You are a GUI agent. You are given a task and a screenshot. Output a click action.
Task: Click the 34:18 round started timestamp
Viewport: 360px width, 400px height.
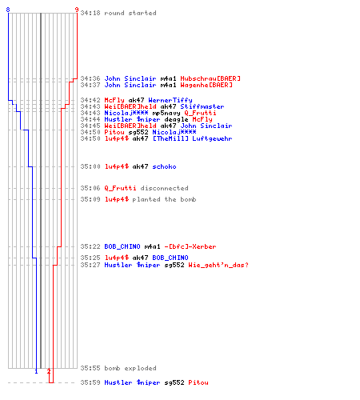pyautogui.click(x=90, y=13)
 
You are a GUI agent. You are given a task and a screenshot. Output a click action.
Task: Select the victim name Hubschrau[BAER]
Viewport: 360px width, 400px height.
pyautogui.click(x=210, y=78)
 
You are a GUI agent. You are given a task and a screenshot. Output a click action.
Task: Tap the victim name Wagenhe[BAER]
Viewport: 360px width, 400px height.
pyautogui.click(x=206, y=85)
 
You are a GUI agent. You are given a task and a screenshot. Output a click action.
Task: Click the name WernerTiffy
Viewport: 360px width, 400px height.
pyautogui.click(x=170, y=100)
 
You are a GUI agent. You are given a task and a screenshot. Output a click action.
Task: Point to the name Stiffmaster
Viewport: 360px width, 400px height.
pyautogui.click(x=202, y=106)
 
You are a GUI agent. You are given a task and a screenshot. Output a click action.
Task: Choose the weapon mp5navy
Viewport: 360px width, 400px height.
pyautogui.click(x=166, y=113)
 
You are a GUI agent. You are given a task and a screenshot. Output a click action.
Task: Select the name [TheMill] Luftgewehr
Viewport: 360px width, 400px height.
pyautogui.click(x=192, y=138)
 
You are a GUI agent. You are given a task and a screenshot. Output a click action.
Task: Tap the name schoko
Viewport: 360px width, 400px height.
pyautogui.click(x=164, y=166)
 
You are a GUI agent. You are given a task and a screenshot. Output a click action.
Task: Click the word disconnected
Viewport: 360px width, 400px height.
pyautogui.click(x=164, y=188)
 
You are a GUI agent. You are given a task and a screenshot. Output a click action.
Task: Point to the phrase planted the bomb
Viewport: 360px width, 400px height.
pyautogui.click(x=164, y=199)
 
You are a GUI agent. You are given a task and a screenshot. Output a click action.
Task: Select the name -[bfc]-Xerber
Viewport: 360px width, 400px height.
pyautogui.click(x=190, y=246)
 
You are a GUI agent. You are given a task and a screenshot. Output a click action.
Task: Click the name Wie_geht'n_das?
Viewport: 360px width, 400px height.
pyautogui.click(x=218, y=265)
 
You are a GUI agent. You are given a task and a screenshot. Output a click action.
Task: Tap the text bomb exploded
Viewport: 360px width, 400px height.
pyautogui.click(x=130, y=368)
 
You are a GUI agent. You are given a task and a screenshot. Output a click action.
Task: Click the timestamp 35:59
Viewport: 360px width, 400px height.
pyautogui.click(x=90, y=382)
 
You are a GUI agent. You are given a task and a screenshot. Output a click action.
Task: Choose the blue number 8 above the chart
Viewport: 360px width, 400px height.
pyautogui.click(x=8, y=10)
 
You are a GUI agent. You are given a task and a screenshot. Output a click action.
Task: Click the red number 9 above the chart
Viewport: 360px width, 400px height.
pyautogui.click(x=77, y=10)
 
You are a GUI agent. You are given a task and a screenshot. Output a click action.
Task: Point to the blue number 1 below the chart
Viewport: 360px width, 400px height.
pyautogui.click(x=36, y=371)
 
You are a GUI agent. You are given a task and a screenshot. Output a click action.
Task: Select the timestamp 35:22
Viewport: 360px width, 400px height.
pyautogui.click(x=90, y=246)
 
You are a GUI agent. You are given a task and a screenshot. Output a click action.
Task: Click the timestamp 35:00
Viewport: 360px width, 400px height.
pyautogui.click(x=90, y=166)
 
